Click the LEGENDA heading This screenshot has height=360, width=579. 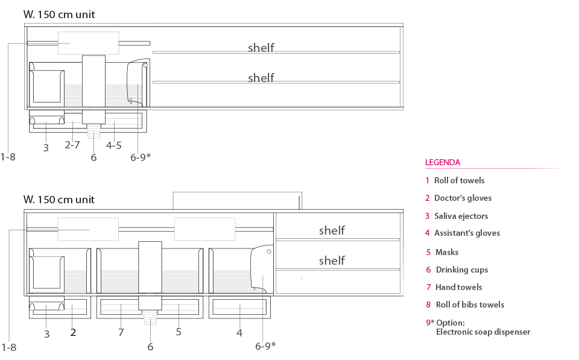[442, 162]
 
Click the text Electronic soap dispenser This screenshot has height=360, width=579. [483, 332]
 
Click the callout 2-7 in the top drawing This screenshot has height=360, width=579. [72, 145]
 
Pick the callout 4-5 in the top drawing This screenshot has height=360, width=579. [114, 145]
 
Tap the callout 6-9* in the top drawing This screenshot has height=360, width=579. [141, 157]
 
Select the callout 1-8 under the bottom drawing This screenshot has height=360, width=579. [8, 347]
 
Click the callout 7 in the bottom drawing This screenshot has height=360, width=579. [121, 332]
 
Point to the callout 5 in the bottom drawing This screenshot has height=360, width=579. [179, 332]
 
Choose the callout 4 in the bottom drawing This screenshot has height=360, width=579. [239, 333]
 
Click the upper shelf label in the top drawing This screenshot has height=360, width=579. [261, 48]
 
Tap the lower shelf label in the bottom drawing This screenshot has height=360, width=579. [332, 261]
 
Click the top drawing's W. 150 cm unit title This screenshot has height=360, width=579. [59, 14]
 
